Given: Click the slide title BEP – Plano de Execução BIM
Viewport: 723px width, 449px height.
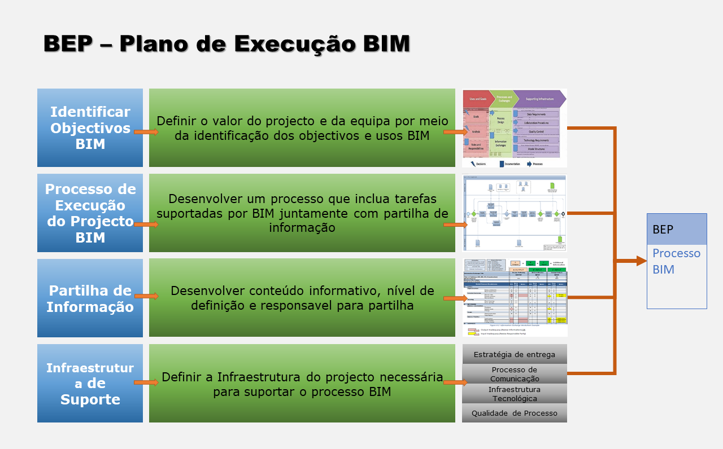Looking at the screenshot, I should tap(227, 43).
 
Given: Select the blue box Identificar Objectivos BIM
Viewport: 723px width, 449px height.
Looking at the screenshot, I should tap(90, 127).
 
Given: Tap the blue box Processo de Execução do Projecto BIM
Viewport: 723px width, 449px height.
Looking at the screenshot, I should tap(90, 213).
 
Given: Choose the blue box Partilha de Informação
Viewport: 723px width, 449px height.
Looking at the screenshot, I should tap(90, 298).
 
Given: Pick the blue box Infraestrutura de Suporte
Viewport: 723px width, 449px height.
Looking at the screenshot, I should tap(90, 384).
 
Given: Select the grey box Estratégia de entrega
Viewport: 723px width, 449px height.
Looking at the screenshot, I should tap(514, 355).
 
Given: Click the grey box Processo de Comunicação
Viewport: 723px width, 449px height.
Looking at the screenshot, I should tap(514, 374).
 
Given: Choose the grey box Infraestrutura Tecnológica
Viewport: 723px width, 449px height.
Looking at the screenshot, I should tap(514, 394).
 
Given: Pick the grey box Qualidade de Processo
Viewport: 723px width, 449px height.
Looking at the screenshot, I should tap(514, 413).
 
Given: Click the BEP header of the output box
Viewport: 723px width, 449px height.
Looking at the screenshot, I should tap(676, 229).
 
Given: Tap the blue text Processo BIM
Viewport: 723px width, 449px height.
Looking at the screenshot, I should tap(676, 261).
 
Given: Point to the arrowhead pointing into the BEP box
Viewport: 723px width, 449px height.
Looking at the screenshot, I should tap(641, 261).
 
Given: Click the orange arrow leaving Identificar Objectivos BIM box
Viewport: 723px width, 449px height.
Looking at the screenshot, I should tap(146, 132).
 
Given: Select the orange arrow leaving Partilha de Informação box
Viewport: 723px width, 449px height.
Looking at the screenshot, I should tap(146, 296).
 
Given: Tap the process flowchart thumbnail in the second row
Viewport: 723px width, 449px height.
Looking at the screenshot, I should tap(514, 213).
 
